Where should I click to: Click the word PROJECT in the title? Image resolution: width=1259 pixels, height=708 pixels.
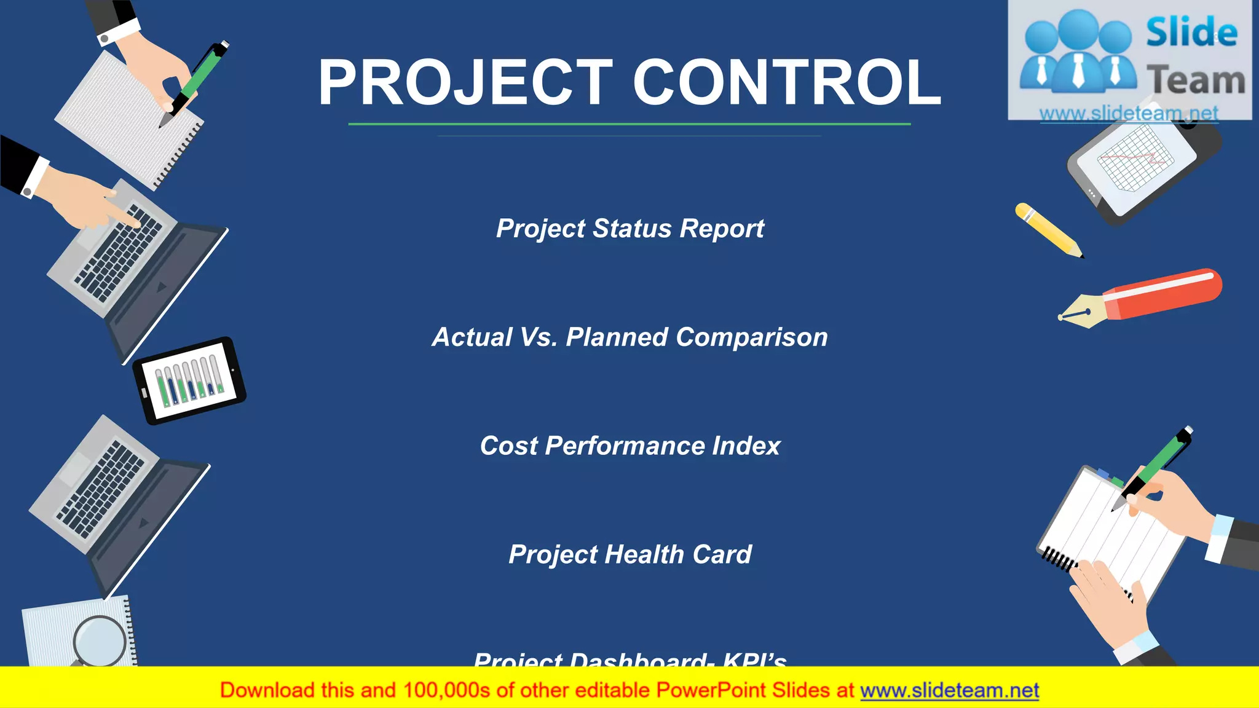click(x=465, y=83)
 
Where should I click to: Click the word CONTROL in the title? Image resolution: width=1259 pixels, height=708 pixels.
click(x=787, y=83)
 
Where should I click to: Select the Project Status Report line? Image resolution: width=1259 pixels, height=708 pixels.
click(x=629, y=229)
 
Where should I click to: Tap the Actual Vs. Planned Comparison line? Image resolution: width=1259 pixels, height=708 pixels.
click(x=629, y=337)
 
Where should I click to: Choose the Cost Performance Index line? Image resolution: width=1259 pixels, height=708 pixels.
click(x=629, y=446)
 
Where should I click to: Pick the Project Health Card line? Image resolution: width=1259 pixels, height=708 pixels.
click(x=629, y=554)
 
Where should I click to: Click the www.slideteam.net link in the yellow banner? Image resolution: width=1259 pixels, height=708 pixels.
click(x=949, y=691)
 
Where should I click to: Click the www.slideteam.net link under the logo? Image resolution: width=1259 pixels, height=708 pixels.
click(x=1129, y=114)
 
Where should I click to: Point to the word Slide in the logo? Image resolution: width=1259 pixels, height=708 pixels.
click(x=1191, y=33)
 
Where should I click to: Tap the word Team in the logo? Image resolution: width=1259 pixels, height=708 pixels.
click(x=1195, y=81)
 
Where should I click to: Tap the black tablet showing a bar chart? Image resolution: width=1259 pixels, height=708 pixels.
click(x=189, y=381)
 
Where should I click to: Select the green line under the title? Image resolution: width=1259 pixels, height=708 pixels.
click(x=629, y=124)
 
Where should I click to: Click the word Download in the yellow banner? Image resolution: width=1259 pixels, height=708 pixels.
click(x=267, y=691)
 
